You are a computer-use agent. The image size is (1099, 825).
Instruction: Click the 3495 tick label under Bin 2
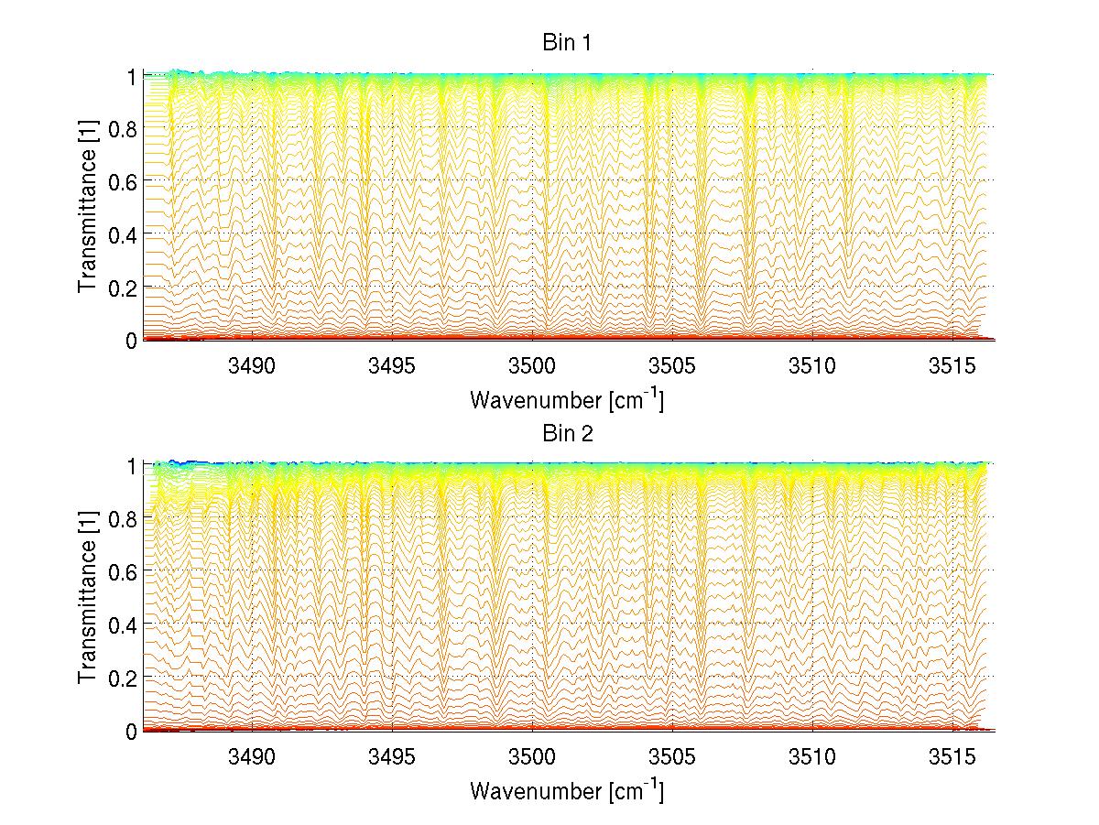tap(392, 758)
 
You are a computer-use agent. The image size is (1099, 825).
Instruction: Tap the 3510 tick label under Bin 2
tap(812, 758)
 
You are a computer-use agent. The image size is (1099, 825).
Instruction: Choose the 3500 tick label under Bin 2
tap(532, 758)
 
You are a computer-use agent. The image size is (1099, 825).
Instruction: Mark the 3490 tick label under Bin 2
tap(252, 758)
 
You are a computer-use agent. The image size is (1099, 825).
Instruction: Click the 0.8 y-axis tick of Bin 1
tap(123, 129)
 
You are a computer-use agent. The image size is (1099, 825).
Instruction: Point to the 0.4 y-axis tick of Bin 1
tap(123, 234)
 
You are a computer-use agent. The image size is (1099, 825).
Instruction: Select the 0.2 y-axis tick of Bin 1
tap(123, 288)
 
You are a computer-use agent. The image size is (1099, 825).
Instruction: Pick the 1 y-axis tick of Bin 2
tap(132, 466)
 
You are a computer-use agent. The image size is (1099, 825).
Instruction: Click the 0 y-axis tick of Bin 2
tap(132, 731)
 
